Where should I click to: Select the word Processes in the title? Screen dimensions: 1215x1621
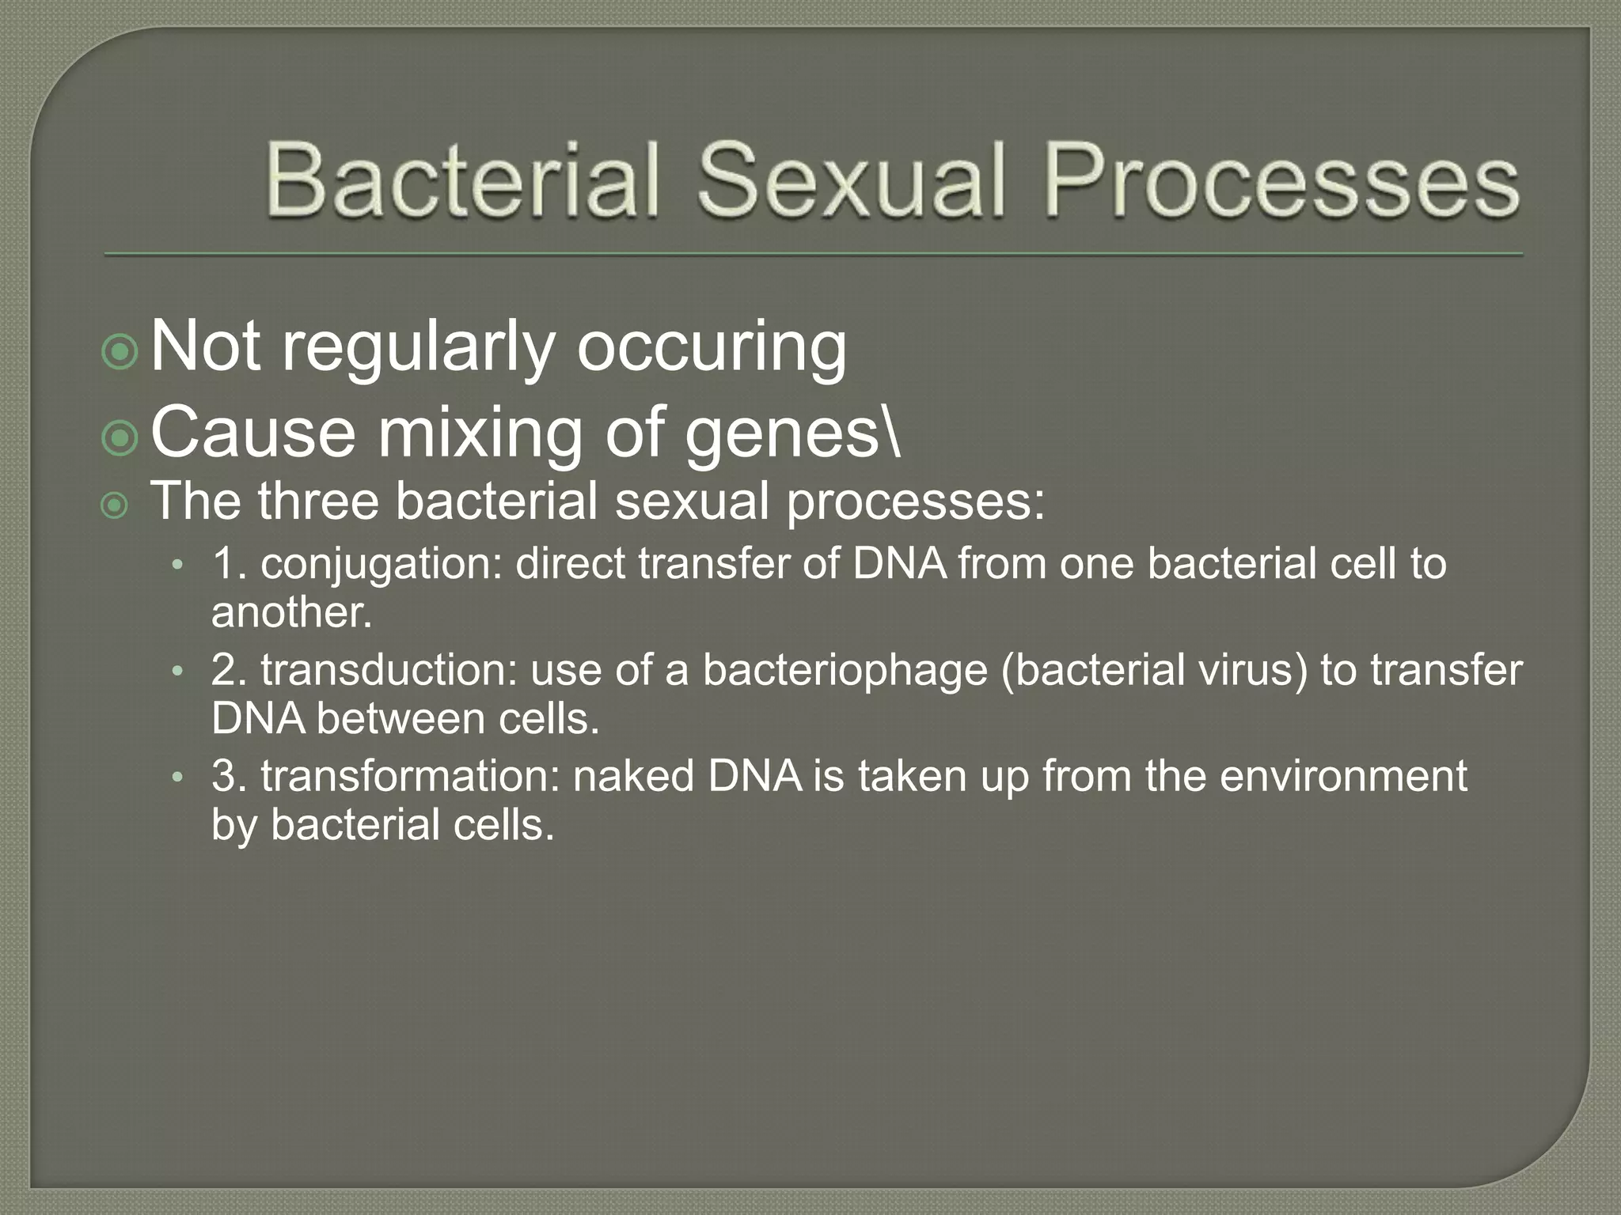(x=1281, y=180)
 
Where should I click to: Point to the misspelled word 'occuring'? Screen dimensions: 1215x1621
(x=712, y=348)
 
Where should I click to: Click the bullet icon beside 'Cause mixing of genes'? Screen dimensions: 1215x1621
(x=120, y=438)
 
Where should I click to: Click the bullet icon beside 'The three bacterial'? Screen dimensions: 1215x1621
(x=116, y=506)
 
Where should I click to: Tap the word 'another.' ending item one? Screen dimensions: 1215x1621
(x=291, y=613)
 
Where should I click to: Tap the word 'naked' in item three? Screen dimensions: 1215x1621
(x=633, y=776)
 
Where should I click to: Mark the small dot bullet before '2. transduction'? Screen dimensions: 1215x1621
(x=178, y=672)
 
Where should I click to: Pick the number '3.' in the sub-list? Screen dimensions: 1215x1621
(x=230, y=776)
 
